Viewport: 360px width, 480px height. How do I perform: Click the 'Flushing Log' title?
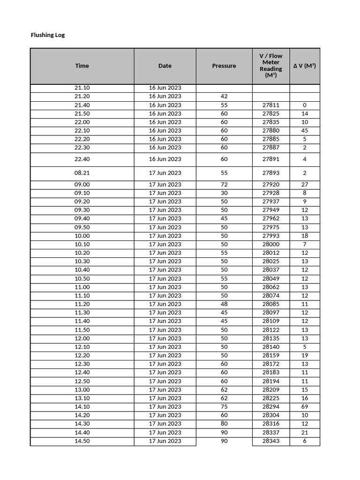click(48, 35)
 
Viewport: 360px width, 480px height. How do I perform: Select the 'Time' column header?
click(82, 66)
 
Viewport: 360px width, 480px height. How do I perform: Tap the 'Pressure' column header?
click(224, 66)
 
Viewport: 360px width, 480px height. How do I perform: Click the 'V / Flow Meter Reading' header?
click(271, 66)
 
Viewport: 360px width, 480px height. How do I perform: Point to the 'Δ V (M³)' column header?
click(305, 66)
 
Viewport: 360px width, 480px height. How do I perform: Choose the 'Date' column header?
click(165, 66)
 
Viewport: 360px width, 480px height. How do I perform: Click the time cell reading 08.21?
click(82, 173)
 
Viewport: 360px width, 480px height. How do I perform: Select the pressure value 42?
click(224, 97)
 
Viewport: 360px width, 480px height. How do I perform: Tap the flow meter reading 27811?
click(271, 105)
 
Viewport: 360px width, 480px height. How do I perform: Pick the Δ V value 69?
click(305, 407)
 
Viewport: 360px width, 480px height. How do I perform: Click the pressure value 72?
click(224, 185)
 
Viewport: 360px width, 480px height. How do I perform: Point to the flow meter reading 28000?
click(271, 244)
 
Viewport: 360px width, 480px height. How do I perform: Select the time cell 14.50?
click(82, 441)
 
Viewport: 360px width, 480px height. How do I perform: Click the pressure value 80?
click(224, 424)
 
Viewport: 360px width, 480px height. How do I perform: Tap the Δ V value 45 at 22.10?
click(305, 131)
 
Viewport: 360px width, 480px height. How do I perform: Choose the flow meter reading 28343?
click(271, 441)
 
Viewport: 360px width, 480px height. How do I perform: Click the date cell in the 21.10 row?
click(165, 88)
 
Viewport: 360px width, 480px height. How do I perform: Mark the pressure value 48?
click(224, 304)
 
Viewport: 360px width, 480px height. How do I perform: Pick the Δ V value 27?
click(305, 185)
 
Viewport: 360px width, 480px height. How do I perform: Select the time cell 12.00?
click(82, 338)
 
